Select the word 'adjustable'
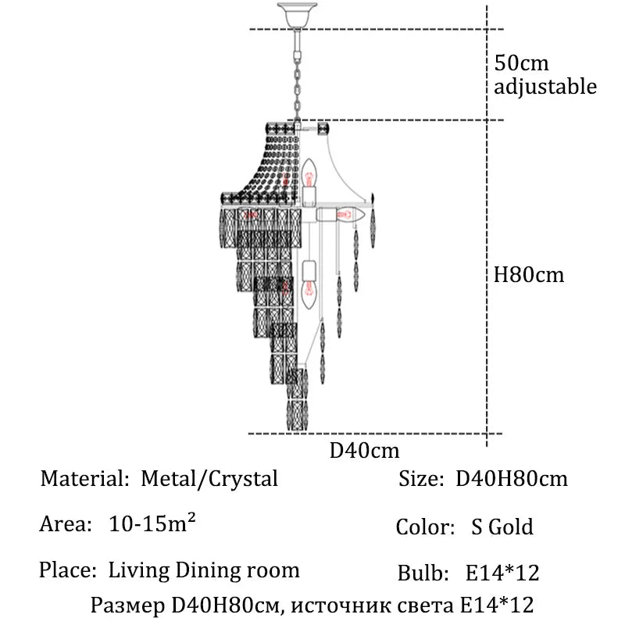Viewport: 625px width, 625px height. coord(545,86)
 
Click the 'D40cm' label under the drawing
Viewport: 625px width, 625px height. coord(364,451)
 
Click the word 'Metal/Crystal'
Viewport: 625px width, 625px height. coord(209,478)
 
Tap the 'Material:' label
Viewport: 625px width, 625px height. coord(84,478)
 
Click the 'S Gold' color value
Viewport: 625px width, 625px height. coord(502,527)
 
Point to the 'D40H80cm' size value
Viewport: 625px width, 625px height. coord(511,478)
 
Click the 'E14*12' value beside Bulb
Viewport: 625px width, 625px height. coord(502,573)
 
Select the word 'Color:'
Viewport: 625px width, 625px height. coord(425,527)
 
